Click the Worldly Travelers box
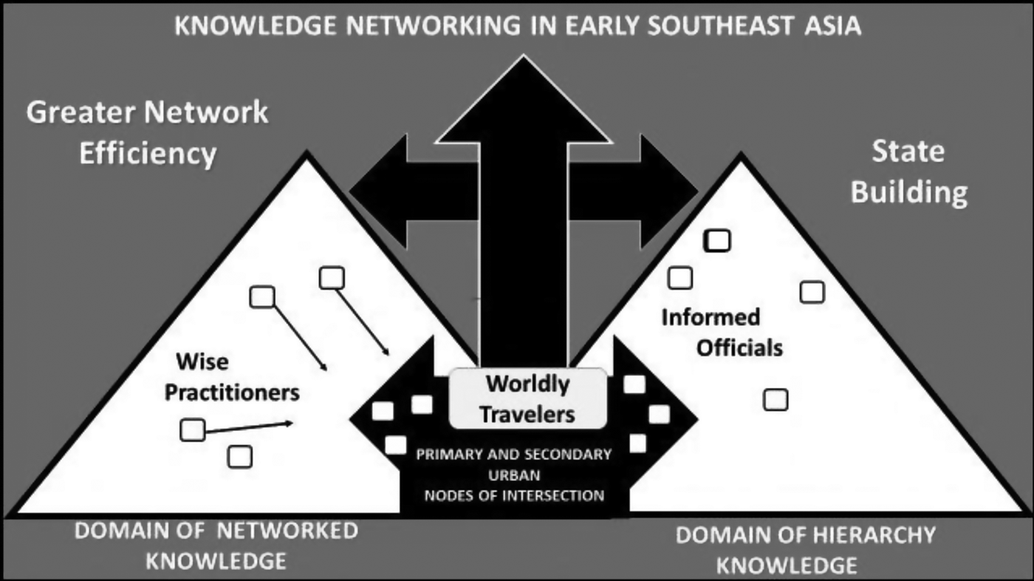pos(527,398)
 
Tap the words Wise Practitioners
pos(231,377)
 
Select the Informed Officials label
pos(720,332)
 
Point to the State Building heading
pos(908,171)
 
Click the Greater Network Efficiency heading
pos(148,133)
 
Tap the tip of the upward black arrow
pos(524,61)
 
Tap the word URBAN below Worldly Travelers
pos(514,475)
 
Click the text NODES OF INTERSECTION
pos(514,495)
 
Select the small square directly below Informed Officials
pos(775,400)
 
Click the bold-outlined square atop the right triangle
pos(718,241)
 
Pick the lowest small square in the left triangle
pos(239,457)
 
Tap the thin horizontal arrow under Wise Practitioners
pos(247,427)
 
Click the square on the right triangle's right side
pos(812,293)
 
